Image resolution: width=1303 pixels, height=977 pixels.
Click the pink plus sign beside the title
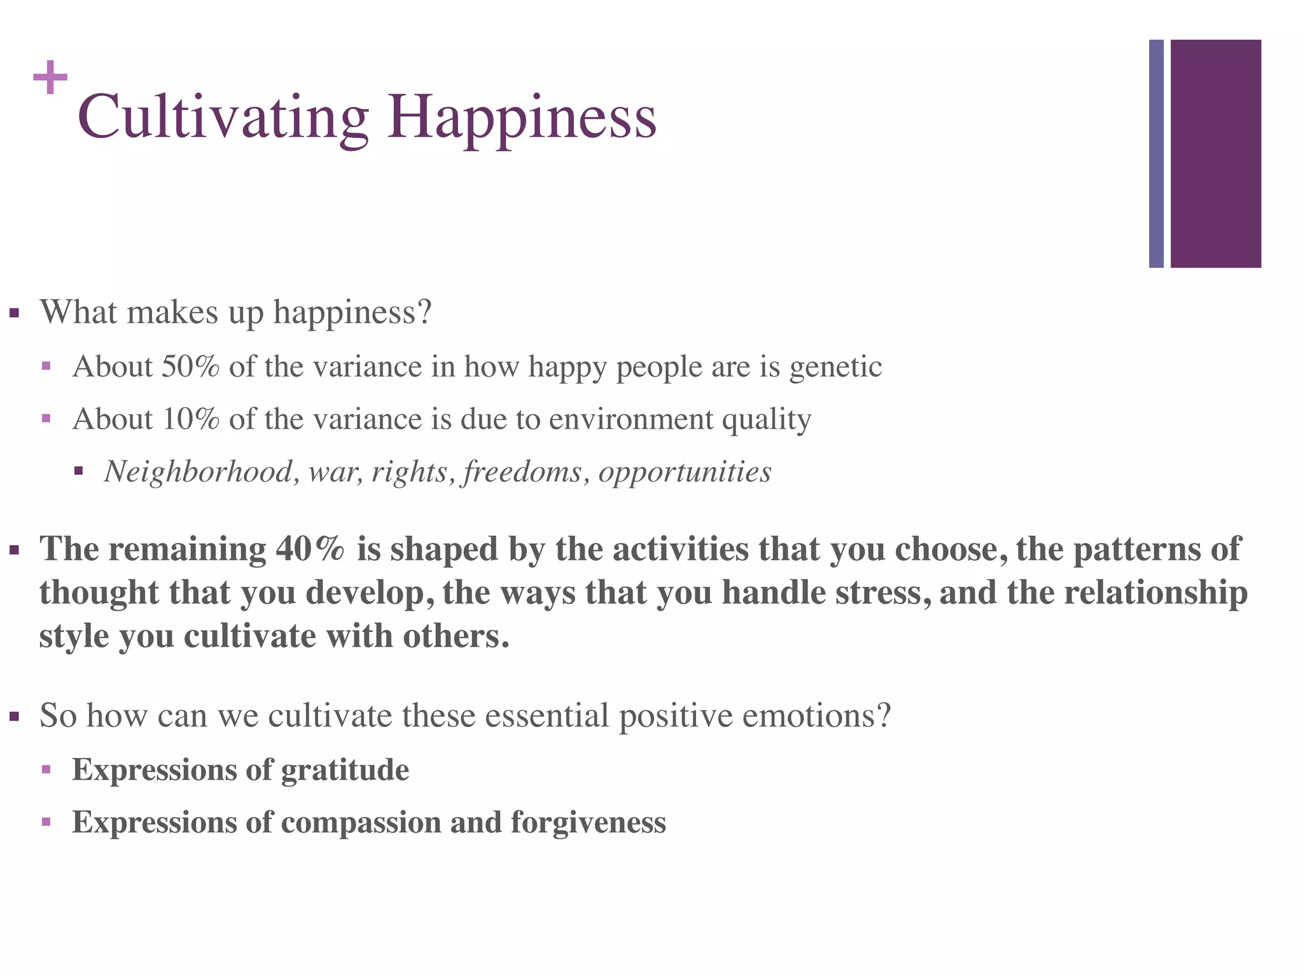[50, 78]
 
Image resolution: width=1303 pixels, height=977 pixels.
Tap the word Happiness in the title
[522, 118]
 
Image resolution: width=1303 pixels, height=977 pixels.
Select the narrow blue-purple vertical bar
[1156, 153]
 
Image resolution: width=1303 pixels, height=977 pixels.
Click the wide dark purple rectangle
[1215, 153]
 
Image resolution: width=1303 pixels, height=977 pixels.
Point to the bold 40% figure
[310, 549]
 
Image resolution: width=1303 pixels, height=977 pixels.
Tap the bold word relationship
[1155, 593]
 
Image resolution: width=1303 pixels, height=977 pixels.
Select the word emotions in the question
[816, 716]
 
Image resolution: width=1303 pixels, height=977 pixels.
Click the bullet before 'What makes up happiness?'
[15, 314]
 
